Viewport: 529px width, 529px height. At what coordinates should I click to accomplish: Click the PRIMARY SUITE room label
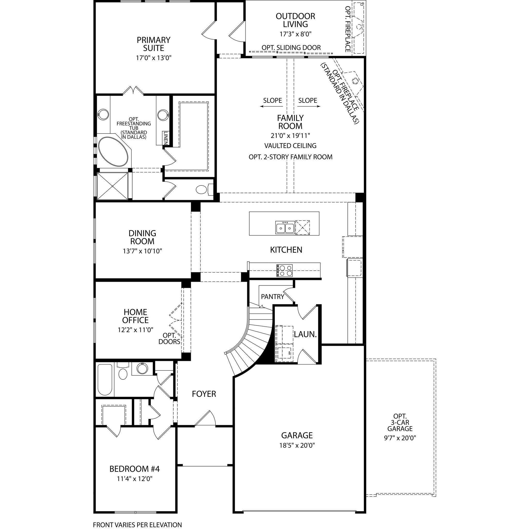153,44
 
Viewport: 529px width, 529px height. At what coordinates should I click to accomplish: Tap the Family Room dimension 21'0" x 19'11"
290,135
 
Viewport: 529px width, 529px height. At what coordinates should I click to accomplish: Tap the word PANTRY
273,297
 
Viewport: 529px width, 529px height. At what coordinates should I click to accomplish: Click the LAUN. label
305,334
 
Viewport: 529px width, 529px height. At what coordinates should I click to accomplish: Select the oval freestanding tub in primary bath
113,151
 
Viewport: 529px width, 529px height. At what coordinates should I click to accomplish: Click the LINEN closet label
166,138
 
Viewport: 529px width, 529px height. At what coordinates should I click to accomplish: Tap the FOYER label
204,394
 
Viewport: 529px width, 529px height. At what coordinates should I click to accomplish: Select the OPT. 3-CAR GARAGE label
400,423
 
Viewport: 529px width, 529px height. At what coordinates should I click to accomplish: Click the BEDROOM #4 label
134,469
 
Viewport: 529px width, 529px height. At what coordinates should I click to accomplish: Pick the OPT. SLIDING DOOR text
291,48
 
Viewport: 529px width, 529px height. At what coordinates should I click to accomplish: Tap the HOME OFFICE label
135,316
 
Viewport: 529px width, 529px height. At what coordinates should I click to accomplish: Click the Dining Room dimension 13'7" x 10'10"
142,251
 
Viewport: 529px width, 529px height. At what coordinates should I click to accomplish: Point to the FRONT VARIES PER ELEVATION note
137,525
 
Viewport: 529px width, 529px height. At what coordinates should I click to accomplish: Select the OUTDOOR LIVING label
295,20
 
